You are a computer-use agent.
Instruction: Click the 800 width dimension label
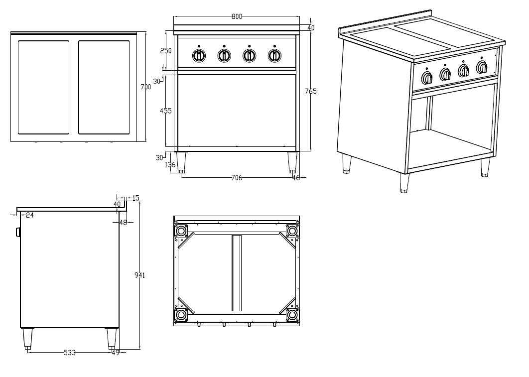(x=237, y=16)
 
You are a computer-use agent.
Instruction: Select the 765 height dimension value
(x=311, y=91)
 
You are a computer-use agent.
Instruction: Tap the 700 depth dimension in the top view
(x=145, y=87)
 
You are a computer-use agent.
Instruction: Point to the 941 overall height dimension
(x=139, y=275)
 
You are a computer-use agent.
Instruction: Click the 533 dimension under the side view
(x=70, y=353)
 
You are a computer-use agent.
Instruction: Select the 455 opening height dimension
(x=165, y=111)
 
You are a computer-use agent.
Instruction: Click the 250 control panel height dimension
(x=165, y=51)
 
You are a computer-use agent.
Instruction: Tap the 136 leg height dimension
(x=170, y=165)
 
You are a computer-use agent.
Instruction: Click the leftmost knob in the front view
(x=199, y=56)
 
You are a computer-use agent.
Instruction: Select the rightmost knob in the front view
(x=274, y=56)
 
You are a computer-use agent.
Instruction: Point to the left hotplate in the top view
(x=44, y=87)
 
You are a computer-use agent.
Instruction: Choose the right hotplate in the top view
(x=104, y=87)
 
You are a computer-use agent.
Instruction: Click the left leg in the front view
(x=181, y=162)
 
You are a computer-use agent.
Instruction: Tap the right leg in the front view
(x=292, y=162)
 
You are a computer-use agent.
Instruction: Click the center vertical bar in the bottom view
(x=236, y=273)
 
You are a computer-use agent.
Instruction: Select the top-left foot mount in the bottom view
(x=180, y=231)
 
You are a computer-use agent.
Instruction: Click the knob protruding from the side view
(x=18, y=232)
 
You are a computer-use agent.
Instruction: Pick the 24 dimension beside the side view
(x=29, y=215)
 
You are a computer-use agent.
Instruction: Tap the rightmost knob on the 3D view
(x=482, y=68)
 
